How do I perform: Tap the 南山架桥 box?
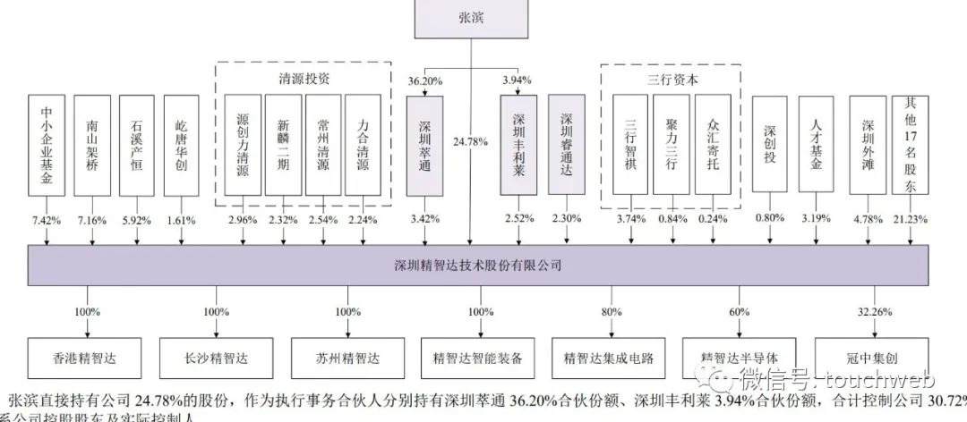click(93, 145)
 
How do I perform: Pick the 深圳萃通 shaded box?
click(425, 145)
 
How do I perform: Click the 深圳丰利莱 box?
click(519, 145)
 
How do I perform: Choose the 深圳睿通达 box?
click(566, 145)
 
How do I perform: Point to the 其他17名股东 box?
click(911, 145)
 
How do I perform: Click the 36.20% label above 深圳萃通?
click(425, 80)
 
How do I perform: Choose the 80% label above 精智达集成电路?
click(612, 312)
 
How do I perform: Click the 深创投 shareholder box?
click(775, 145)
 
